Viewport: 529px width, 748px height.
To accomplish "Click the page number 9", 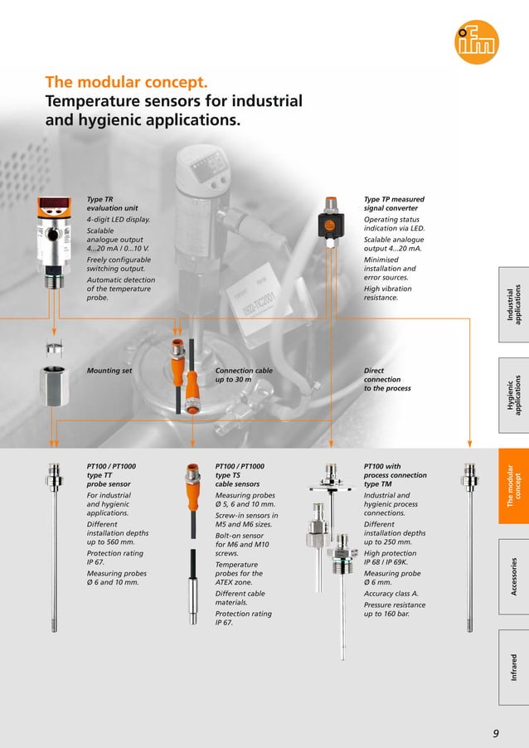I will tap(496, 732).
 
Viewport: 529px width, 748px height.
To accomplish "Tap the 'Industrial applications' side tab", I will tap(512, 304).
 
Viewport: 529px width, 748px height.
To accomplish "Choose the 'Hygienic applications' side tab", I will tap(512, 396).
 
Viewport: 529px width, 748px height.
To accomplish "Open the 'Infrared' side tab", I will tap(512, 668).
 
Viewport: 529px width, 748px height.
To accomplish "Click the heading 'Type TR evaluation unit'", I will tap(106, 204).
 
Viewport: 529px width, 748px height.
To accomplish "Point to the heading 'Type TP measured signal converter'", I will tap(394, 204).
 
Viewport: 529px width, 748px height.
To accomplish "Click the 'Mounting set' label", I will tap(109, 371).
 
